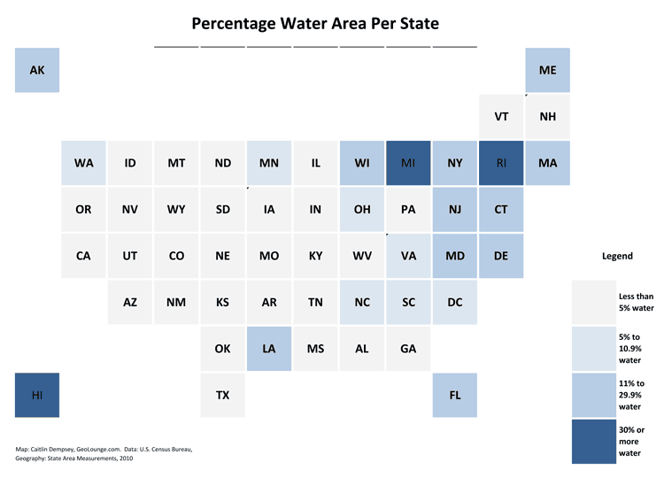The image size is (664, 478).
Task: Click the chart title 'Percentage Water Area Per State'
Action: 315,23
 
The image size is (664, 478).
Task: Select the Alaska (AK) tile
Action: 37,70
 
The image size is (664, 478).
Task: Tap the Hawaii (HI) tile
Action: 37,395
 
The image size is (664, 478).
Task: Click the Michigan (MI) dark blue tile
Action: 408,163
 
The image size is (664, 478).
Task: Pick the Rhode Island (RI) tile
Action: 501,163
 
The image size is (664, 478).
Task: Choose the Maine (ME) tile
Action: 547,70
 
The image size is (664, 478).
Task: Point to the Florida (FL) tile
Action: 455,395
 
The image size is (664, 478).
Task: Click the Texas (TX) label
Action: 223,395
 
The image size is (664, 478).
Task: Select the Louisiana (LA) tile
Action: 269,349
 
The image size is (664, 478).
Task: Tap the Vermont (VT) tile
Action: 501,117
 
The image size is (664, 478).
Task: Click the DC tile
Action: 455,302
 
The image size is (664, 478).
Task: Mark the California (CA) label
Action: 83,256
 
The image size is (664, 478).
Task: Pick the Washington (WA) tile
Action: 84,163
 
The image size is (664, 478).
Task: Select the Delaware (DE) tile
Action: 501,256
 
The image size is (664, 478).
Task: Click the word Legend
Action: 617,256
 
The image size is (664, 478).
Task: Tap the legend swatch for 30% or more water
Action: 594,441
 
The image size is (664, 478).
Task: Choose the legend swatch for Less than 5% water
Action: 594,303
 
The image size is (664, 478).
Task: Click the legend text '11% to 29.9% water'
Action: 631,395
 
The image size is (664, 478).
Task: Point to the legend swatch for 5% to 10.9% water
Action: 594,349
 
